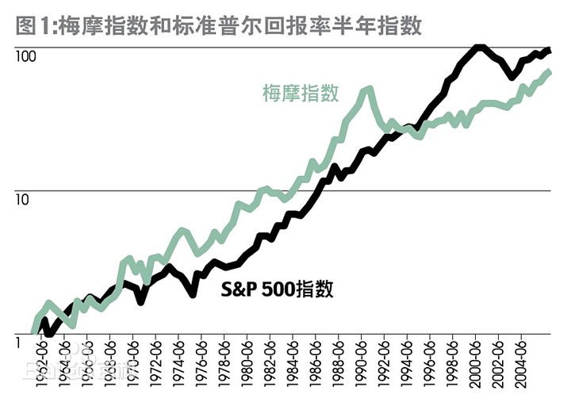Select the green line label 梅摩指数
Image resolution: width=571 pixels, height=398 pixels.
click(301, 93)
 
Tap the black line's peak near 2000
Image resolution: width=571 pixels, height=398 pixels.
click(479, 48)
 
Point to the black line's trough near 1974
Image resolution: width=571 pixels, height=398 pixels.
click(193, 294)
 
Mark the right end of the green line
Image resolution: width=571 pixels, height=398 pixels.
click(550, 72)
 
